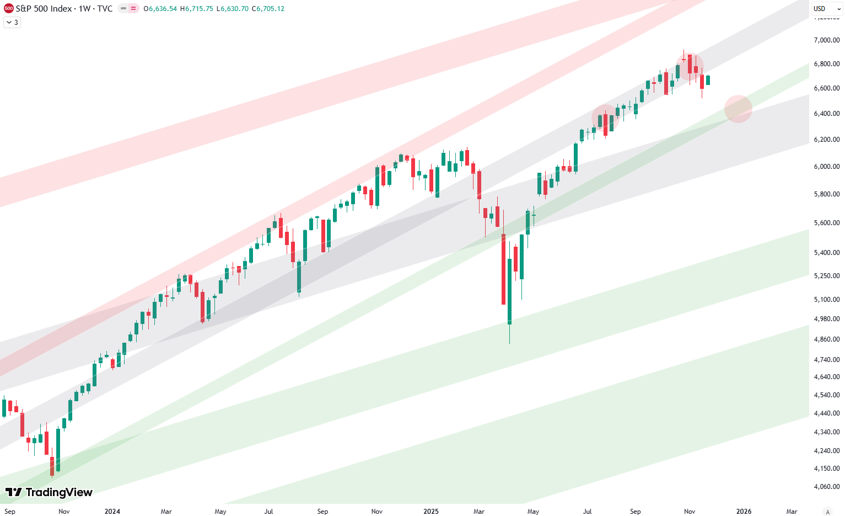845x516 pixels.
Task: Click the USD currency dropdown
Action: (826, 9)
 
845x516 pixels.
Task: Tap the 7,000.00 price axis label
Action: (826, 40)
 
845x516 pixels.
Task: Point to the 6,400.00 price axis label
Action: (826, 114)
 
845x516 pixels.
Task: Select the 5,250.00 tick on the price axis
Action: (826, 276)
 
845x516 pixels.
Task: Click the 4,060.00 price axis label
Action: (826, 487)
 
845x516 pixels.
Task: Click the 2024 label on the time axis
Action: (112, 512)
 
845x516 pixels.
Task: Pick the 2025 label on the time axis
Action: (431, 512)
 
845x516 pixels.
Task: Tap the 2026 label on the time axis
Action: (744, 512)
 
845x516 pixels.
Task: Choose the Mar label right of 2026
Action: (792, 512)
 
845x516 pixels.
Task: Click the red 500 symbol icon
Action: (8, 9)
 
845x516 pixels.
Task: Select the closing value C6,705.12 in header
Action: (268, 9)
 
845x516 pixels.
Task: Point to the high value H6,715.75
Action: (196, 9)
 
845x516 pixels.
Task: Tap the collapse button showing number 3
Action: (12, 23)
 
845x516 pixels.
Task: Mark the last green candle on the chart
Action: (708, 81)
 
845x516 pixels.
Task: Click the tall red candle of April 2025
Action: (503, 269)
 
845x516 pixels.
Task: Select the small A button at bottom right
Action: (827, 512)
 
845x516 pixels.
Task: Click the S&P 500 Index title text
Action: (45, 9)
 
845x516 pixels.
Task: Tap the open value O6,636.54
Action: (160, 9)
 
